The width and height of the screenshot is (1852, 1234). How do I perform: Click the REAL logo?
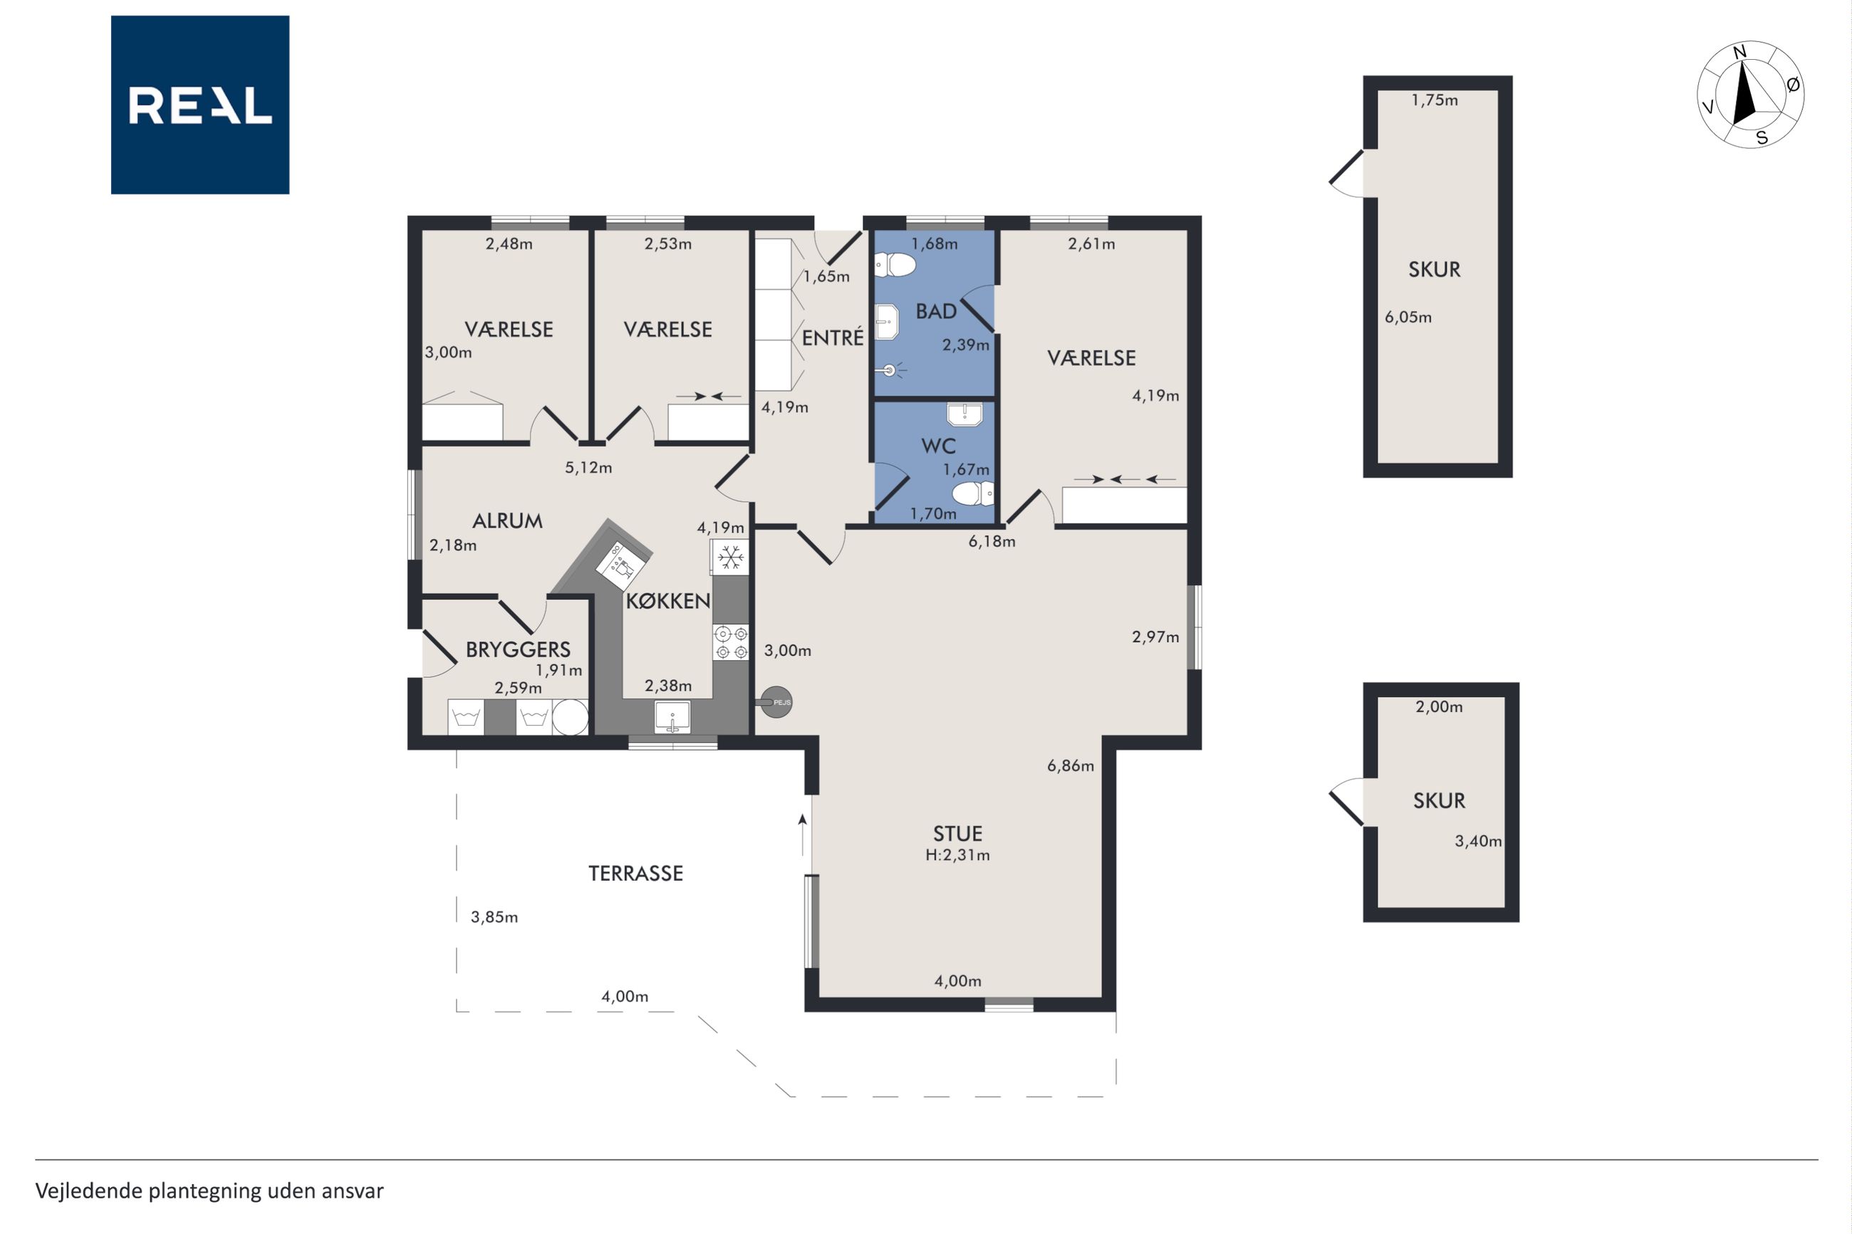coord(200,105)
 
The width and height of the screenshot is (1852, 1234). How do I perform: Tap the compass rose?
coord(1750,95)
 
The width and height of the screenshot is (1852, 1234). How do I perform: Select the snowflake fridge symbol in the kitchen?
coord(730,558)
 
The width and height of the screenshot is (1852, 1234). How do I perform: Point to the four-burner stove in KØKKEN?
coord(730,642)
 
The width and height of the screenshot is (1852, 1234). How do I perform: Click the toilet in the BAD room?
coord(895,265)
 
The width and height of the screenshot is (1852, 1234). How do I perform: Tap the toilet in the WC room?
coord(973,494)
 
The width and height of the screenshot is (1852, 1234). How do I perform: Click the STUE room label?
coord(957,833)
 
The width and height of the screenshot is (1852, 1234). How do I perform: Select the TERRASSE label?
coord(636,873)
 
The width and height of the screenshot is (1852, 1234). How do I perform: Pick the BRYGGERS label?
coord(518,649)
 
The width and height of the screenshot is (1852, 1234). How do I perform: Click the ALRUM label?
coord(508,521)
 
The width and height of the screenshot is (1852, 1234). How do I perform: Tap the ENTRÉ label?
coord(833,337)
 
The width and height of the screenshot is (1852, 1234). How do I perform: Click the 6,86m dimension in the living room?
coord(1071,765)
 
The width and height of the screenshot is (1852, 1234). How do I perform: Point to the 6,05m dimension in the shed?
coord(1408,317)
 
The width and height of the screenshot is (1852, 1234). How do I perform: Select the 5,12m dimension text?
coord(588,468)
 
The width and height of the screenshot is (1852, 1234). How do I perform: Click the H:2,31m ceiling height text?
coord(957,854)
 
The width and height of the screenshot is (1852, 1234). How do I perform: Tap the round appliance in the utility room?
coord(570,717)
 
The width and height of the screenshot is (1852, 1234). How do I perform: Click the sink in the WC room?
coord(964,414)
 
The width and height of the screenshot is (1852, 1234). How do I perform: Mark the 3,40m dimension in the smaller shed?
coord(1478,841)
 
